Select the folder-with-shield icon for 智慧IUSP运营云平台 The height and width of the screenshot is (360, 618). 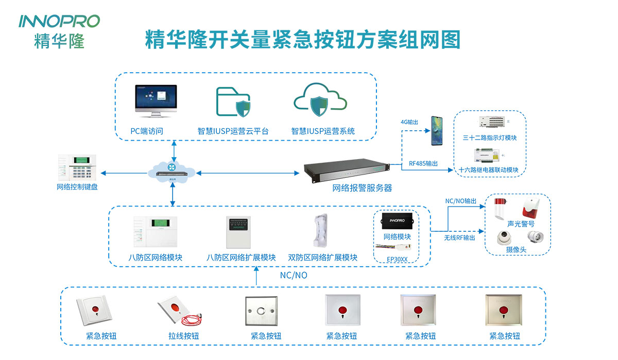coord(233,101)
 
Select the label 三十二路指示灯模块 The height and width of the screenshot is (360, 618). coord(489,138)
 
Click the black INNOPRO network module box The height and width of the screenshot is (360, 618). coord(400,222)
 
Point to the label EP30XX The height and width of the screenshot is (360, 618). coord(397,259)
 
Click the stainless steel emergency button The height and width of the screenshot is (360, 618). coord(261,311)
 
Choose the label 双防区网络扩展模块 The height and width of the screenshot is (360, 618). coord(322,258)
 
